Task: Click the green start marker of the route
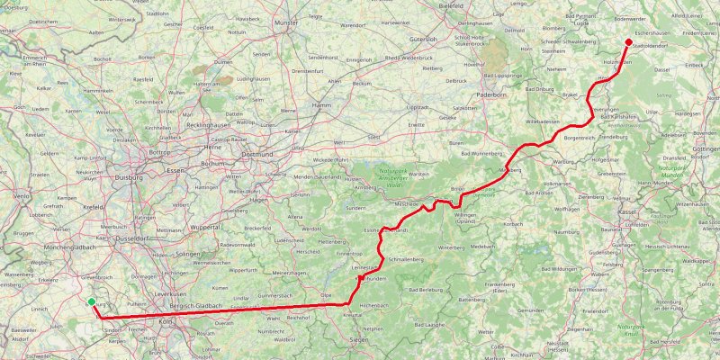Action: pos(92,302)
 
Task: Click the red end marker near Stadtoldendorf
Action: pos(628,41)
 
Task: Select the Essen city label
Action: pos(175,169)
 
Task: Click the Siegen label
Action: pos(357,339)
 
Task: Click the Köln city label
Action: pos(165,320)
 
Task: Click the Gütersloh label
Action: pos(447,40)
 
